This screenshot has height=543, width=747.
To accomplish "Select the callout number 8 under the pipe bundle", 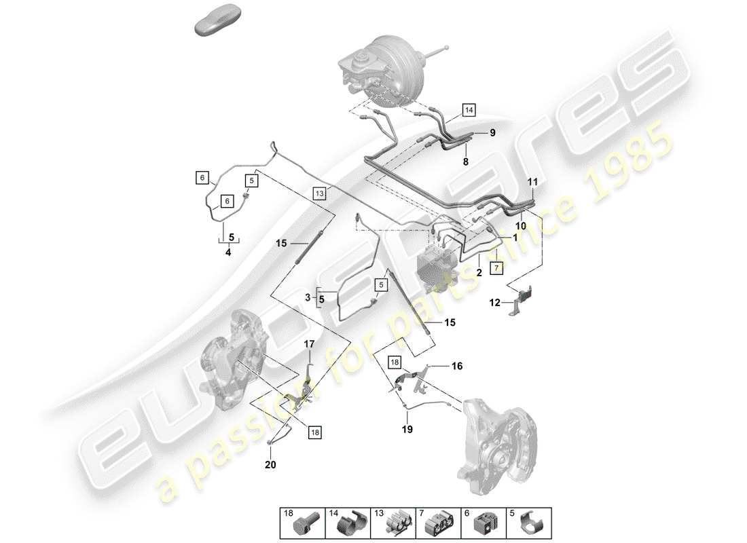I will tap(466, 163).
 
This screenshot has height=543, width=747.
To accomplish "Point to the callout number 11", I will tap(532, 183).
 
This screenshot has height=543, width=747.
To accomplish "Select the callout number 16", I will tap(457, 367).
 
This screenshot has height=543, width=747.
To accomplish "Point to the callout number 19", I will tap(407, 429).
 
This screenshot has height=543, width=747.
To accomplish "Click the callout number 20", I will tap(271, 466).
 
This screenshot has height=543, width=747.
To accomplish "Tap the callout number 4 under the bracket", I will tap(228, 252).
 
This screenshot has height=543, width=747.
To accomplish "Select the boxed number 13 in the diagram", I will tap(320, 193).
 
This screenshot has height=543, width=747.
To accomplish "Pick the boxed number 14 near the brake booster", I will tap(469, 109).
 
